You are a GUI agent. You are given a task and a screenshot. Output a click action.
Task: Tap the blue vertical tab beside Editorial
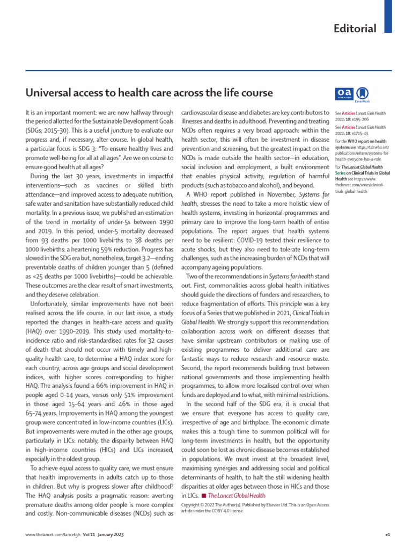tap(388, 16)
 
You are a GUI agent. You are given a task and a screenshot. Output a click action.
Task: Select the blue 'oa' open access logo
tap(343, 93)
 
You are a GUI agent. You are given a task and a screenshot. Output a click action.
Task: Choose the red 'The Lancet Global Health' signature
tap(237, 495)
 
